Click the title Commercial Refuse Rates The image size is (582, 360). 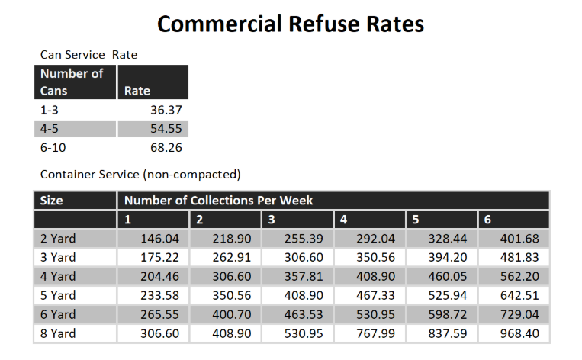pos(291,24)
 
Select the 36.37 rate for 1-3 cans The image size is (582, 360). pos(165,110)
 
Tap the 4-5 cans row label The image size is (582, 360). pos(50,129)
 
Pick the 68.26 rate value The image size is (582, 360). pos(165,147)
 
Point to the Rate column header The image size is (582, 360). pos(137,91)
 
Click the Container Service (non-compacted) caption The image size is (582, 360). pos(140,175)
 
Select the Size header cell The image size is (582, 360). pos(52,201)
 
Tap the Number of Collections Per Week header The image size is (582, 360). pos(218,201)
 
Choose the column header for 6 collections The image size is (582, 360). pos(489,220)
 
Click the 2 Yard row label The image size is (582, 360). pos(58,239)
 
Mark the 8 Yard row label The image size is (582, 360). pos(58,333)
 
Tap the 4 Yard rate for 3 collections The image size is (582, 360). pos(305,276)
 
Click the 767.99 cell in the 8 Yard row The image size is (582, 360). pos(377,333)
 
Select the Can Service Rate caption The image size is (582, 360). pos(88,55)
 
